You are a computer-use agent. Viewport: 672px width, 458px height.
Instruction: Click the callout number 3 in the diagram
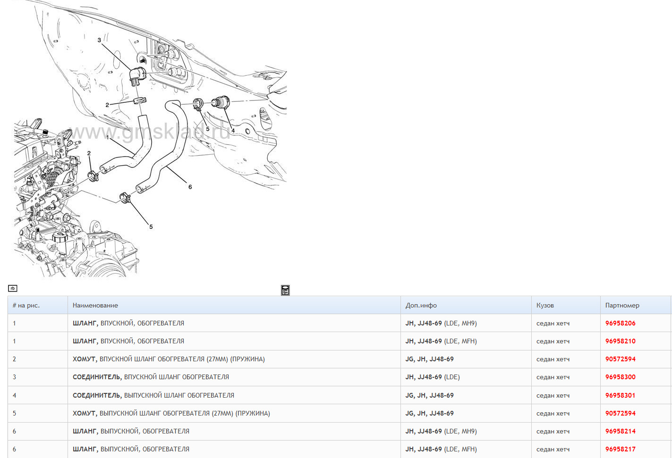click(99, 40)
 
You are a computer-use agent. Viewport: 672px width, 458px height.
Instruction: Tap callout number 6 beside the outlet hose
click(190, 187)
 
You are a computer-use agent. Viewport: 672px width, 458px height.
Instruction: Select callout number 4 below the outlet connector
click(233, 131)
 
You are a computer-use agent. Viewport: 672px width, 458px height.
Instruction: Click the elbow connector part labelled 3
click(138, 76)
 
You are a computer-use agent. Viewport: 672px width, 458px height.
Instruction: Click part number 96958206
click(620, 323)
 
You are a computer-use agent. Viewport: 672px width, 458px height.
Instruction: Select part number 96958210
click(620, 341)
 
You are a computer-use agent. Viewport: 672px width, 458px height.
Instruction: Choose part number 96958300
click(620, 377)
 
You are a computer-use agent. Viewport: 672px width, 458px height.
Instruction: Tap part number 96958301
click(620, 395)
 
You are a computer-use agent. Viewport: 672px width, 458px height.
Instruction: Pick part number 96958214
click(620, 431)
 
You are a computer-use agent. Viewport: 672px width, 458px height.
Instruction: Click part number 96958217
click(620, 450)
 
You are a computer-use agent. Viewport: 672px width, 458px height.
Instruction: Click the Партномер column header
click(622, 306)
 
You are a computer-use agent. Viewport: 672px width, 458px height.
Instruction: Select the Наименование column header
click(95, 306)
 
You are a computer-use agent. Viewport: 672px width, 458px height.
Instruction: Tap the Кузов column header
click(545, 306)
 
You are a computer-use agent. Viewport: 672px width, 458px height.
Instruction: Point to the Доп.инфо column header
click(421, 306)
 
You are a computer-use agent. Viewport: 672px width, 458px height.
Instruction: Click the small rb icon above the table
click(13, 288)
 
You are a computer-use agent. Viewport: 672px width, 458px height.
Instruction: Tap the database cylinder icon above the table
click(285, 290)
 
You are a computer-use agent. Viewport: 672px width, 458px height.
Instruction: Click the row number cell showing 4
click(14, 395)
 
